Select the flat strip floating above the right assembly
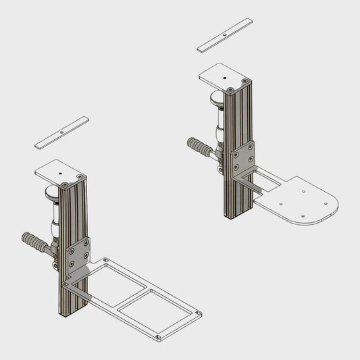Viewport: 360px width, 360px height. pyautogui.click(x=225, y=34)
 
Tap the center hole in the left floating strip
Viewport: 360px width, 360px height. pyautogui.click(x=61, y=132)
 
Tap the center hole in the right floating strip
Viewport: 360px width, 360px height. pyautogui.click(x=225, y=34)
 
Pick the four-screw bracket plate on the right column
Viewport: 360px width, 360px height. pyautogui.click(x=242, y=157)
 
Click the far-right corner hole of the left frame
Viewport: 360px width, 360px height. pyautogui.click(x=198, y=313)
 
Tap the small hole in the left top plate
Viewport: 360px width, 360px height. pyautogui.click(x=61, y=174)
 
